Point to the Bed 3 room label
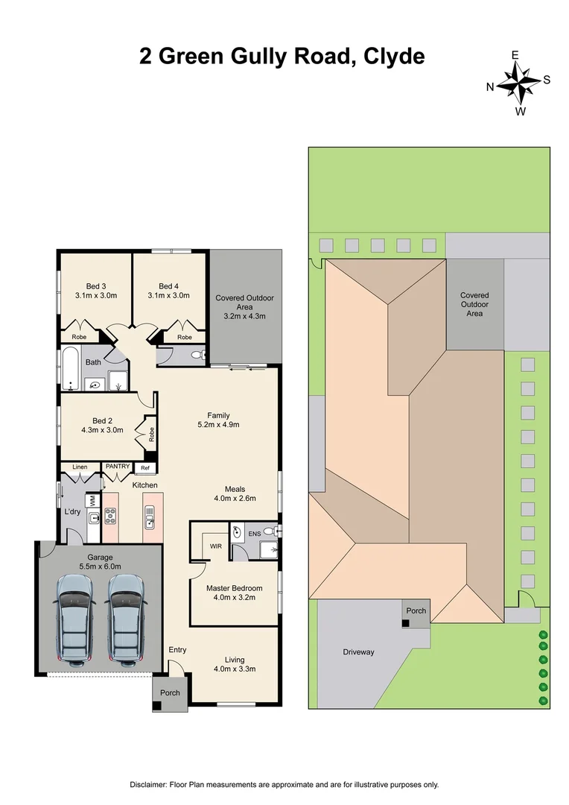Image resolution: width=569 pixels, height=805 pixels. tap(96, 286)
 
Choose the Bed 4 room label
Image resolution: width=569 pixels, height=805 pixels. tap(169, 286)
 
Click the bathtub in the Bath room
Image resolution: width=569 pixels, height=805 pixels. tap(71, 368)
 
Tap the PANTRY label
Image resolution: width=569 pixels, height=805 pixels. tap(118, 467)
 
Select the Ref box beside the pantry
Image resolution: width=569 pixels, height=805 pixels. tap(145, 468)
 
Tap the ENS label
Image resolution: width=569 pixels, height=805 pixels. tap(254, 534)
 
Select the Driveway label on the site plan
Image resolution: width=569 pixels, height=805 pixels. tap(358, 652)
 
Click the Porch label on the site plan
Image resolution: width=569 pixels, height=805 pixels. tap(416, 610)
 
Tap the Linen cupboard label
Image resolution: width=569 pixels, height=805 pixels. tap(80, 467)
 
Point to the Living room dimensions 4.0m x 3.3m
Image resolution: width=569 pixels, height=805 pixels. tap(234, 669)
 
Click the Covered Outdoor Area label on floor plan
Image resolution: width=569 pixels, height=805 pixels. tap(244, 306)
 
